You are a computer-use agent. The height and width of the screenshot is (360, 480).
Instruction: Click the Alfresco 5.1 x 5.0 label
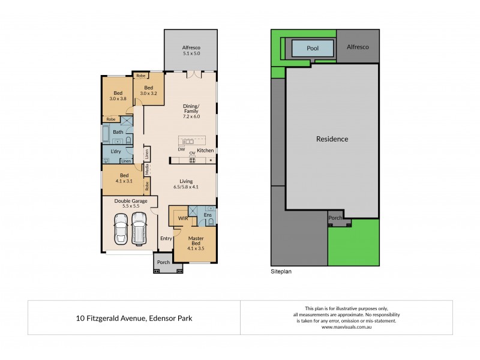coord(191,50)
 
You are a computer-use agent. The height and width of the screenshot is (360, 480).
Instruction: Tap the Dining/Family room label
coord(191,112)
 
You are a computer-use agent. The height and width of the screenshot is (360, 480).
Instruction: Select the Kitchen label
coord(206,150)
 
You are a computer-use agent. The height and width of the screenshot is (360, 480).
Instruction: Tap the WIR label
coord(182,219)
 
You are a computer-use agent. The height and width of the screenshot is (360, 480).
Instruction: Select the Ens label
coord(208,214)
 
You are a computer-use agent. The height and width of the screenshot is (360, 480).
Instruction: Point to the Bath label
coord(118,132)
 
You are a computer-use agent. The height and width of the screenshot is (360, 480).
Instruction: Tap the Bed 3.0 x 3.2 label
coord(148,91)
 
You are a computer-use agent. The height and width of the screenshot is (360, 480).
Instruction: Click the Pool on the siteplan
coord(312,47)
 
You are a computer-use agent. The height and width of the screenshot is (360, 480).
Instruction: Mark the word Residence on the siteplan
coord(332,139)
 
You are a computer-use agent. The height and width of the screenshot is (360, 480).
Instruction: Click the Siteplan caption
coord(281,271)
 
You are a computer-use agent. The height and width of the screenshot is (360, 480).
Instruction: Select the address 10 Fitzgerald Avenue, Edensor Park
coord(134,317)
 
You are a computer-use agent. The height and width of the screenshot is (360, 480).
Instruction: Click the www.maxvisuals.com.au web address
coord(347,328)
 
